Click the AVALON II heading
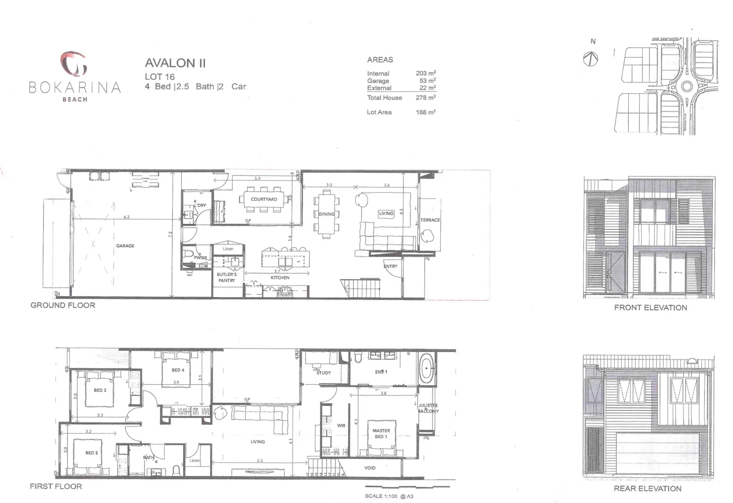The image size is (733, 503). coord(175,63)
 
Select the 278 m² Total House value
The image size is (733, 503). coord(425,97)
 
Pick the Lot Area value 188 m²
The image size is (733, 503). coord(425,112)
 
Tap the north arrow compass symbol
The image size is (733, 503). coord(591,59)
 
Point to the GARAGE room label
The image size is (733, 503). coord(125,245)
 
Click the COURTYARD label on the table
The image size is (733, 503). coord(264,199)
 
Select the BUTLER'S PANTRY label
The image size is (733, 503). coord(226,278)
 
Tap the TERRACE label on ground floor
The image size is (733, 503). coord(430,220)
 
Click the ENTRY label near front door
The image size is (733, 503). coord(390,266)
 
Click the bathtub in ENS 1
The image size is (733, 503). coord(426,369)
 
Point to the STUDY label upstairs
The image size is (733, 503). coord(323,373)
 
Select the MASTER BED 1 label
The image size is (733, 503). coord(381,434)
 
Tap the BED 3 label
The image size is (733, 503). coord(100,390)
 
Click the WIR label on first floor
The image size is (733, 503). coord(341,426)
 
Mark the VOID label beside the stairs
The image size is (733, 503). coord(370,468)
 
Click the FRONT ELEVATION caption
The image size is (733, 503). coord(650,307)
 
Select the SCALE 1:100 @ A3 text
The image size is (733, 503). coord(389,496)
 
